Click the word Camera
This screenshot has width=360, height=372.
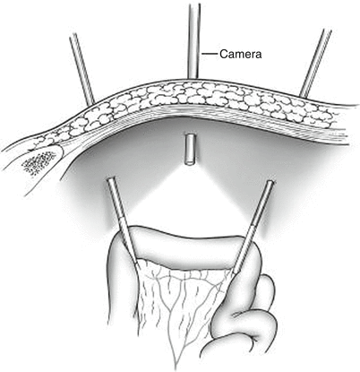tap(241, 54)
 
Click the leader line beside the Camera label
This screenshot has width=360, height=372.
tap(209, 54)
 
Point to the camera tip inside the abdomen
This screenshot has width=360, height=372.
tap(189, 150)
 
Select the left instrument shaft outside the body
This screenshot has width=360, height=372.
tap(82, 68)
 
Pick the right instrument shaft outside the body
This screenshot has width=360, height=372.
tap(316, 63)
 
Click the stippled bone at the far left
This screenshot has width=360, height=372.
tap(39, 162)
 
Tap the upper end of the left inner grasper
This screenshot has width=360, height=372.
tap(110, 178)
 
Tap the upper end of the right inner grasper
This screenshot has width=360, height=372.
tap(270, 181)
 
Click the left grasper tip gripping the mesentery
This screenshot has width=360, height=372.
tap(135, 265)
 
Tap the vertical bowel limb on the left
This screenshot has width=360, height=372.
tap(122, 287)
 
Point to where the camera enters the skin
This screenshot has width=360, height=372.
tap(193, 79)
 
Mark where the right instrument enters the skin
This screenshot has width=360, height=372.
tap(303, 96)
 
